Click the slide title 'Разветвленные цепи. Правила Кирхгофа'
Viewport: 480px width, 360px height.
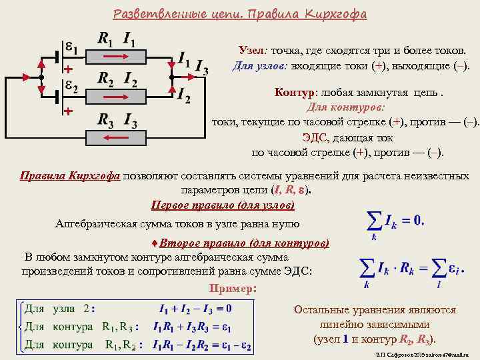[x=240, y=14]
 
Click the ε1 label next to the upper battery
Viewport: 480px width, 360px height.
[x=72, y=49]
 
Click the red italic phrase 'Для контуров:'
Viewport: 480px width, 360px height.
[x=347, y=107]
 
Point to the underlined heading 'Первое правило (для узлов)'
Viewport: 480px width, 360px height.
[x=223, y=205]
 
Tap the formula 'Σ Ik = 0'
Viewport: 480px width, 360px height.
[x=395, y=221]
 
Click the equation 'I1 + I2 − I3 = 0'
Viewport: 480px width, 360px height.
[x=195, y=309]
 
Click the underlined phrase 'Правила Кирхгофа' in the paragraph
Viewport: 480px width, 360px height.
[x=70, y=176]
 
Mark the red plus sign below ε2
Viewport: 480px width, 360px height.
[x=68, y=112]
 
